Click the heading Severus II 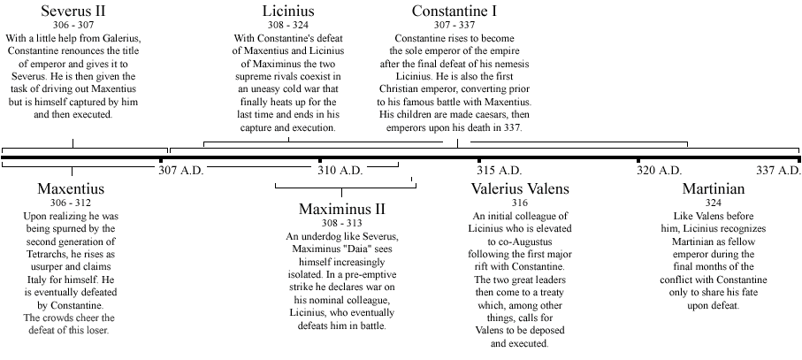point(73,11)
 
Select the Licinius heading point(288,11)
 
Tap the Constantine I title point(454,11)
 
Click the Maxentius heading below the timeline point(71,189)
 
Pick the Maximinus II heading point(342,210)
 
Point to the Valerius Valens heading point(520,189)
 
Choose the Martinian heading point(713,189)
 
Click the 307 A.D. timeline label point(181,170)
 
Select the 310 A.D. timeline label point(340,170)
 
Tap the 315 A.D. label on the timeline point(499,170)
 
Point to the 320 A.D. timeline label point(659,170)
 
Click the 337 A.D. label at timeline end point(778,170)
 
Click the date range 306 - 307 point(73,26)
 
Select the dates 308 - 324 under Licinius point(288,26)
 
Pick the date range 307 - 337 point(454,26)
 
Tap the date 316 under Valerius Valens point(520,203)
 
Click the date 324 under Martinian point(713,203)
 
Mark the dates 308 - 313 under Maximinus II point(342,224)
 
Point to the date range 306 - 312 point(71,203)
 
